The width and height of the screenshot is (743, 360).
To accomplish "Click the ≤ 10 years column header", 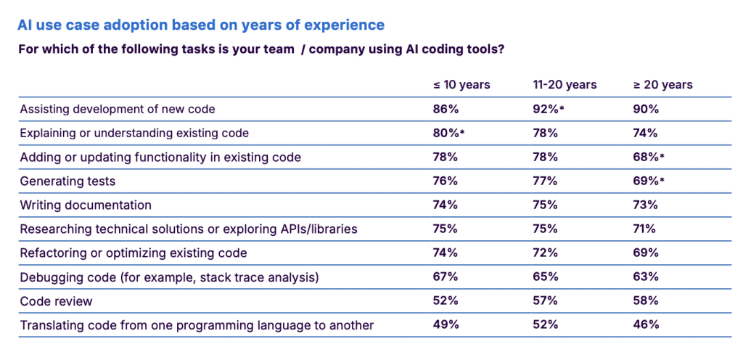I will point(461,85).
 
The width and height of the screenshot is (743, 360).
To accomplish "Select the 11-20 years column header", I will point(565,85).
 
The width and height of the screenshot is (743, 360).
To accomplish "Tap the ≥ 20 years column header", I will point(663,85).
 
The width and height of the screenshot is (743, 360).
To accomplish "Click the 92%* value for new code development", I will point(549,109).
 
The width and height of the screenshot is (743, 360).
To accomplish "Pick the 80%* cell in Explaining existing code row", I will point(448,133).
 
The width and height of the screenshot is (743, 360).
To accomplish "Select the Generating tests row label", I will point(68,181).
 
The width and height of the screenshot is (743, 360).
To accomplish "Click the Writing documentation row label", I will point(86,205).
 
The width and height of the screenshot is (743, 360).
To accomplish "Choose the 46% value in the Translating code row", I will point(646,324).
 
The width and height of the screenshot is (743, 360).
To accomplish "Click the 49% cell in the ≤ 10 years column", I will point(446,324).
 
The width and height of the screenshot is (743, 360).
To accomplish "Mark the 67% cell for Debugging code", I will point(446,277).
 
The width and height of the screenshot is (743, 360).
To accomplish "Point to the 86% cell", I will point(446,109).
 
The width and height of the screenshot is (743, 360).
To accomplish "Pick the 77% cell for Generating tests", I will point(545,181).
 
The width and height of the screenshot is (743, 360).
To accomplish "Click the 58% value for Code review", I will point(646,300).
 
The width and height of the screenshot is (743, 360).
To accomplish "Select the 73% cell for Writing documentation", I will point(646,205).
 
